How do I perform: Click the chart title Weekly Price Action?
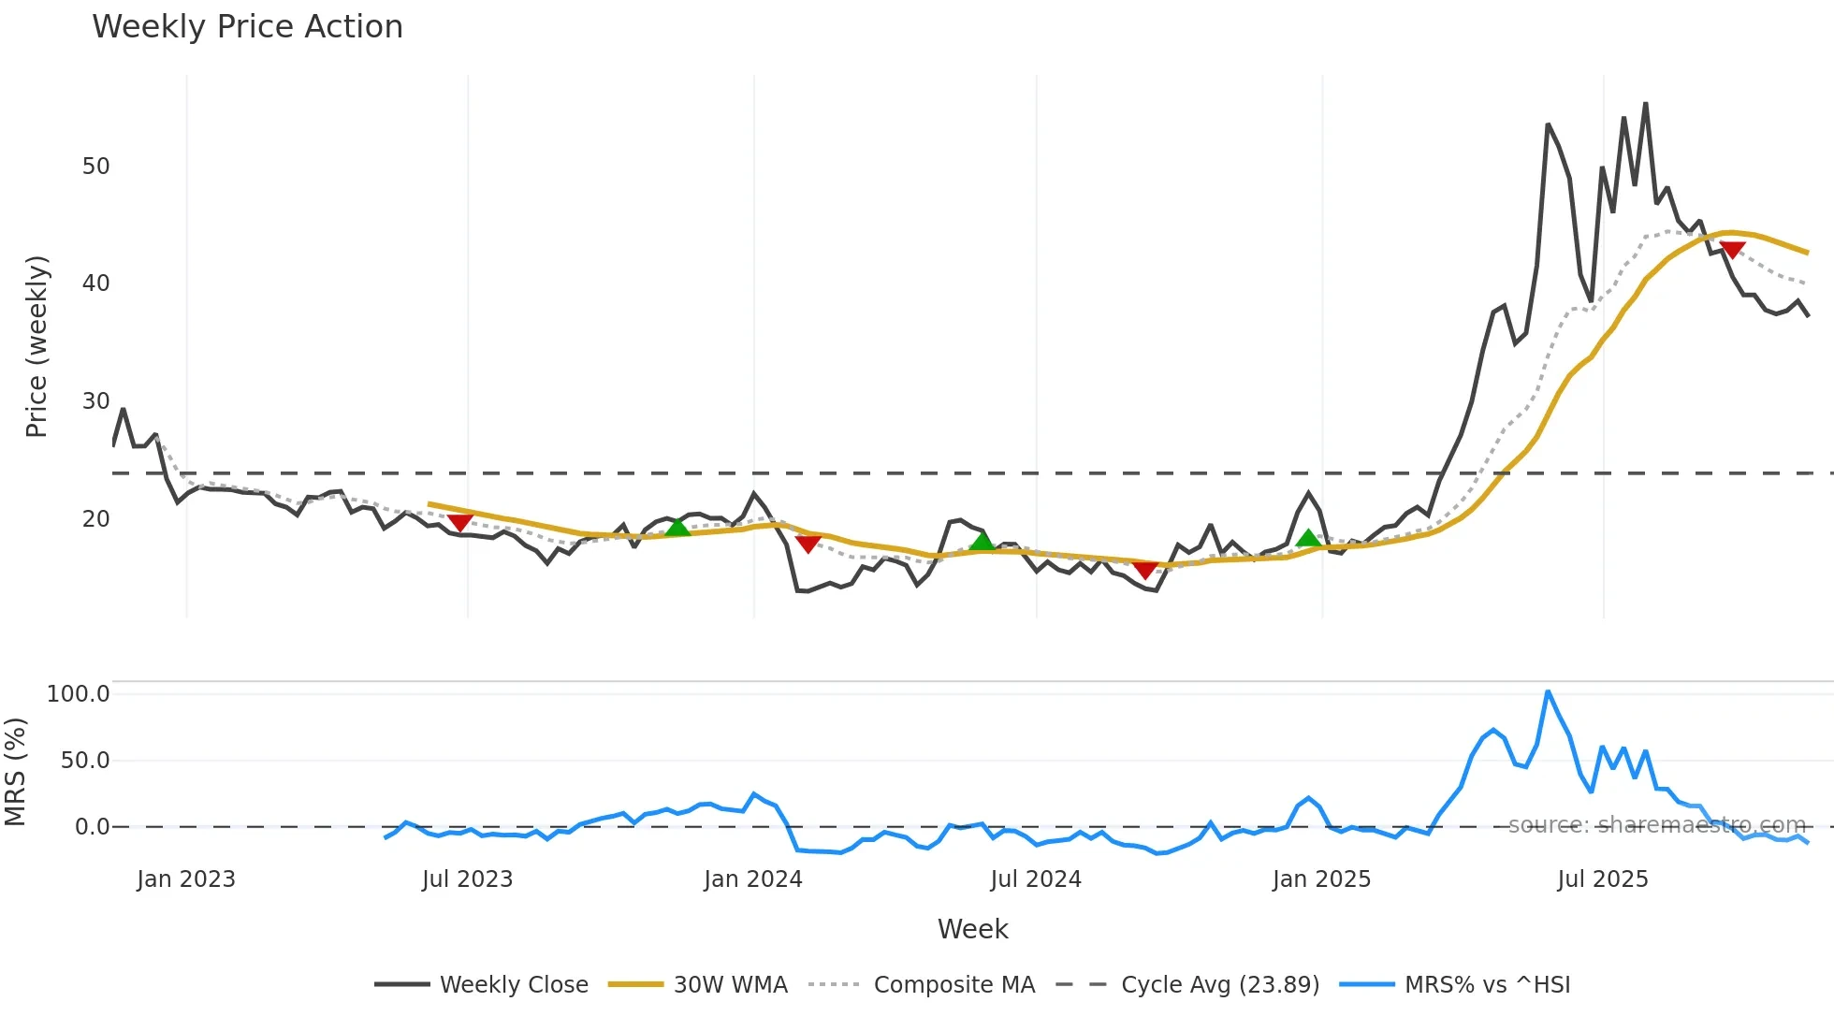click(247, 27)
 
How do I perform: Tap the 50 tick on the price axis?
click(95, 167)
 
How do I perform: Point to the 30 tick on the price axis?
click(95, 401)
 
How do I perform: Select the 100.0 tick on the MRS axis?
click(79, 694)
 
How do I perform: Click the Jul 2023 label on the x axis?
click(467, 879)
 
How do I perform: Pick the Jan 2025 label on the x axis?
click(1321, 879)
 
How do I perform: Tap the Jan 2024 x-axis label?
click(753, 879)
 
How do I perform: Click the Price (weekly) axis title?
click(36, 346)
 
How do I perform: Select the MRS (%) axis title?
click(16, 772)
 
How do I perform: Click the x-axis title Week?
click(972, 929)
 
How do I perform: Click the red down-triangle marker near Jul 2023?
click(459, 522)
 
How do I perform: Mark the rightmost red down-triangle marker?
click(1732, 250)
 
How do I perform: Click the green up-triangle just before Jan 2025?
click(1308, 538)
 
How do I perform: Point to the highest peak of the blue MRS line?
click(1548, 692)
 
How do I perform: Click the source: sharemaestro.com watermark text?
click(1656, 825)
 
